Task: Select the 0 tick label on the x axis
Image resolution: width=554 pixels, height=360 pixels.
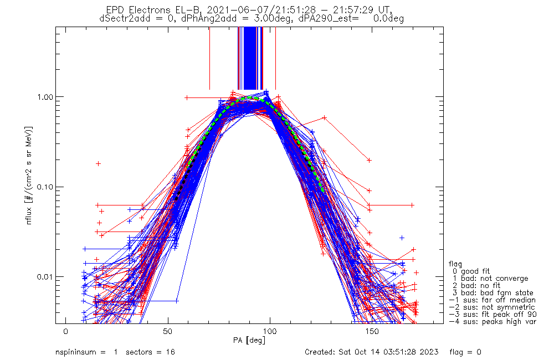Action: click(66, 331)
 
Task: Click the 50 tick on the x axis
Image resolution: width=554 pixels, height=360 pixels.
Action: click(168, 331)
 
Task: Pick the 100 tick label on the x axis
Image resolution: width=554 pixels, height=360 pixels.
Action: click(270, 331)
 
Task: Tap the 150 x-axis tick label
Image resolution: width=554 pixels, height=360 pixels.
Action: click(372, 331)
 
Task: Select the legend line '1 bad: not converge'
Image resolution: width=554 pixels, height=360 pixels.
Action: click(490, 279)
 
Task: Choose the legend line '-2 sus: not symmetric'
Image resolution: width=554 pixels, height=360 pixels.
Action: click(492, 307)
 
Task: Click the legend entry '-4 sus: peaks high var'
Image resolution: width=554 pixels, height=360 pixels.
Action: click(493, 322)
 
